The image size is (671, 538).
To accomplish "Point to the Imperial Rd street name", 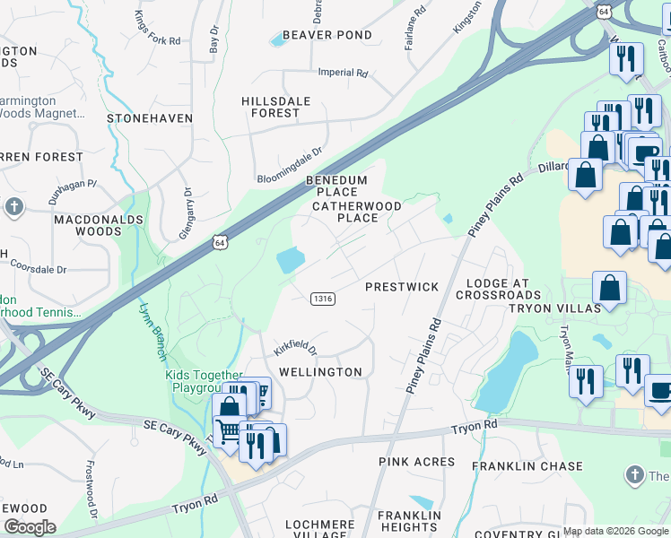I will pos(343,73).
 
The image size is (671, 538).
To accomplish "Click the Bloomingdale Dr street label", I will pos(289,166).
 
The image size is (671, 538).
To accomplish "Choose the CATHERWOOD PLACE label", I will pos(344,212).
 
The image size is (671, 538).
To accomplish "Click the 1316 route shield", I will pos(323,298).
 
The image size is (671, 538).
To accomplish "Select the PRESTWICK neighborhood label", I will pos(401,287).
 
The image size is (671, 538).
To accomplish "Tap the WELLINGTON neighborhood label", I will pos(320,372).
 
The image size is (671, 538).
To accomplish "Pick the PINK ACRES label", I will pos(416,463).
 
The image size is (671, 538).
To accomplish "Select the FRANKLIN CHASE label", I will pos(527,466).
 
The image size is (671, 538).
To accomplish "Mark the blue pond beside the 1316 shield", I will pos(291,261).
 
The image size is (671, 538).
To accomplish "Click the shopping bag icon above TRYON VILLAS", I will pos(609,288).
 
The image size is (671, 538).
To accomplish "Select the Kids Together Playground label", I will pos(203,381).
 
